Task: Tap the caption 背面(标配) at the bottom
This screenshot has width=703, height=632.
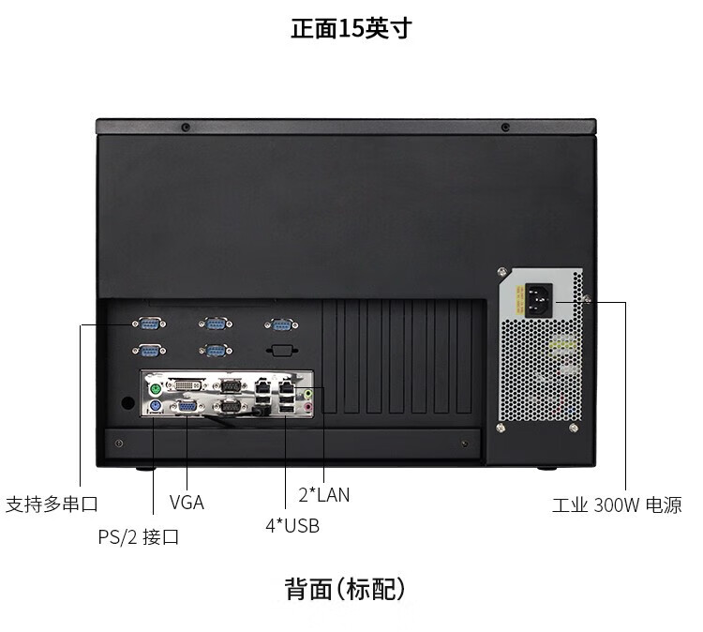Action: coord(346,590)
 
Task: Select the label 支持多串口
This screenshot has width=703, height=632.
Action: coord(52,504)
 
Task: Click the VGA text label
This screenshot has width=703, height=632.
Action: coord(187,503)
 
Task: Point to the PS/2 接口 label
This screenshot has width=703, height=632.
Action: coord(139,537)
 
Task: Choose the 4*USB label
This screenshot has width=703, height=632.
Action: coord(292,526)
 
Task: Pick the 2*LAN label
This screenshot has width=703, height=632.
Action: coord(323,494)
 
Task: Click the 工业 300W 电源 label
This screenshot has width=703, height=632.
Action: coord(616,505)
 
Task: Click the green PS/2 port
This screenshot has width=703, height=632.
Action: coord(157,385)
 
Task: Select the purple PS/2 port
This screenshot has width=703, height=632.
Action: coord(157,406)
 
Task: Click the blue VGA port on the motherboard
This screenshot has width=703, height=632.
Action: coord(187,406)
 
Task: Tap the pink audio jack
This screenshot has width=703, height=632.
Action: coord(304,406)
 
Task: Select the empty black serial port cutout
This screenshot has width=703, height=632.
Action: coord(281,350)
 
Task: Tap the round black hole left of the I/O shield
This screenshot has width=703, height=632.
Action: coord(127,401)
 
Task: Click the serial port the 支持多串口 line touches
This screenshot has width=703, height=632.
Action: coord(147,324)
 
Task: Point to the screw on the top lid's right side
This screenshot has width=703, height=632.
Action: coord(506,127)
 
